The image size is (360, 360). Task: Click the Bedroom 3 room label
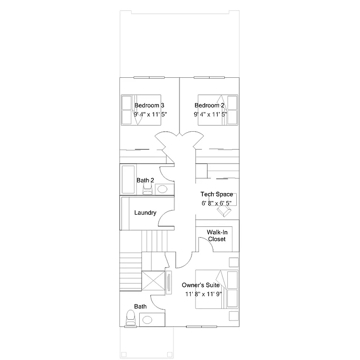point(149,105)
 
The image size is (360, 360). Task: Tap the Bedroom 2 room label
point(209,105)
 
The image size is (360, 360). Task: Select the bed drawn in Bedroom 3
point(141,110)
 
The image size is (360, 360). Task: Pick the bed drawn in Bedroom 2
point(218,110)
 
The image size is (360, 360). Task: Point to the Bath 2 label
point(145,180)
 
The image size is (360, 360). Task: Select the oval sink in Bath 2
point(162,189)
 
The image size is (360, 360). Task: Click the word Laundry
point(145,213)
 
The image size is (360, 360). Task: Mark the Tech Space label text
point(217,194)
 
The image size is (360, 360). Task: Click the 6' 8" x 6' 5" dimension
point(216,203)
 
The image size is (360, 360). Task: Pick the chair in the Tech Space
point(224,212)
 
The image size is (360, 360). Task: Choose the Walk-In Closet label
point(217,235)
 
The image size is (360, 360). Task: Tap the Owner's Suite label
point(201,285)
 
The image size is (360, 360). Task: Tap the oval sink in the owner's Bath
point(147,320)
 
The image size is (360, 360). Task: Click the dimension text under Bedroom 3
point(150,114)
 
